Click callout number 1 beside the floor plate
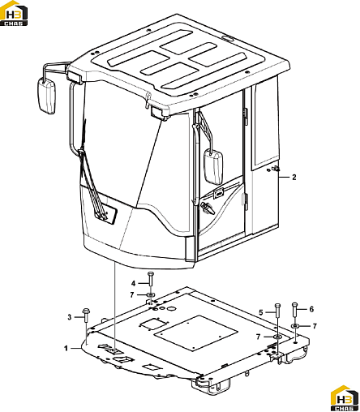pos(66,348)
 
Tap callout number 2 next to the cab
pos(294,177)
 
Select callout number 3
pos(70,317)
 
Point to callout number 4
pos(133,283)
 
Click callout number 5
pos(261,312)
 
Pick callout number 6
pos(311,309)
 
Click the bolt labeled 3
pos(86,315)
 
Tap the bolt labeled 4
pos(151,280)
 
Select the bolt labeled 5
pos(277,311)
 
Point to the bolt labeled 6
pos(295,311)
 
